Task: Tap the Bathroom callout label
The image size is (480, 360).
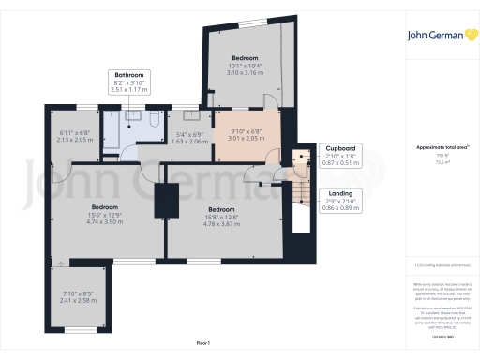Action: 129,75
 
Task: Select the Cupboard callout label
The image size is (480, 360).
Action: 339,148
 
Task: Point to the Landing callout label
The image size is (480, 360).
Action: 339,191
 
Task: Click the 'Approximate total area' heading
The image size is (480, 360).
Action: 441,148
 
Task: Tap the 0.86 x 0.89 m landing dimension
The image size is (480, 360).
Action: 339,206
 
